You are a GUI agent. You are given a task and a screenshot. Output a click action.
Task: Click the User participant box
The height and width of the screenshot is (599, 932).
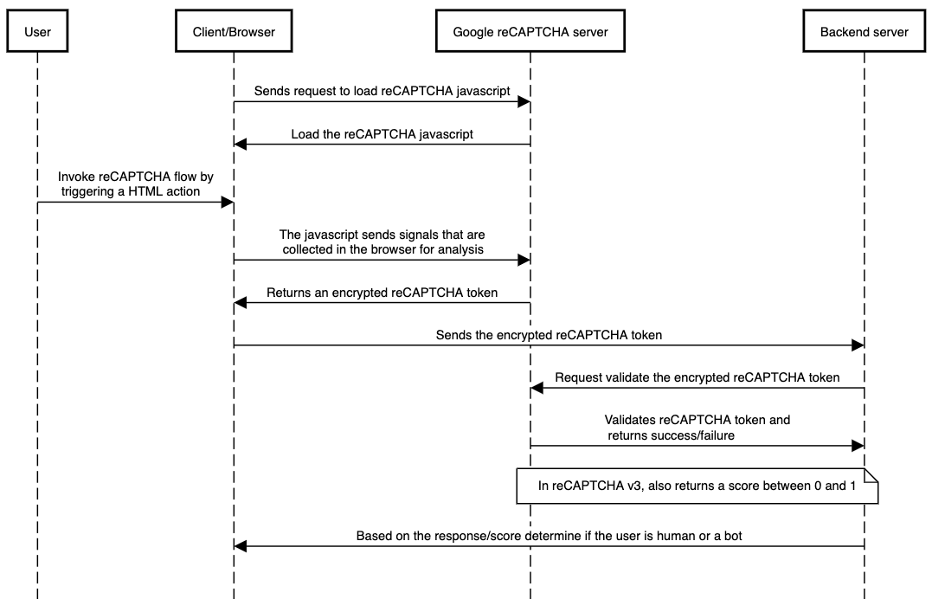coord(37,31)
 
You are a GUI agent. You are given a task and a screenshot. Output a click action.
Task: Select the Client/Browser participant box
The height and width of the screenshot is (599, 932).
coord(234,31)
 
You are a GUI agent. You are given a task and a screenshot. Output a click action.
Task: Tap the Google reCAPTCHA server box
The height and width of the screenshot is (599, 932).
coord(530,31)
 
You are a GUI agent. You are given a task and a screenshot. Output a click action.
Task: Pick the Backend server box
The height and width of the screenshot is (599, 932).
coord(865,31)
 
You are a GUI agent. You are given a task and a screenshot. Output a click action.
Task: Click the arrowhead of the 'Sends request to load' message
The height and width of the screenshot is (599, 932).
coord(524,102)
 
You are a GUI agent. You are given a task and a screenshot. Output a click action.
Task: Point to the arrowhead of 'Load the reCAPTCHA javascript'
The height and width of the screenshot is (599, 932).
coord(240,144)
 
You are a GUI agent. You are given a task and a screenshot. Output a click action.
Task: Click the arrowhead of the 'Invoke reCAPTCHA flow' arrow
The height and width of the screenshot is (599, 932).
coord(227,203)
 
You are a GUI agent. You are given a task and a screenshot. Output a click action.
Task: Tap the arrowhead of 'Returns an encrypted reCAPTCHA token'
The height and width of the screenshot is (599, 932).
coord(240,303)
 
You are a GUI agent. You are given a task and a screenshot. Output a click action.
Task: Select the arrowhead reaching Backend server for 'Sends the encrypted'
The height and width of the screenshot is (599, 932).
coord(858,345)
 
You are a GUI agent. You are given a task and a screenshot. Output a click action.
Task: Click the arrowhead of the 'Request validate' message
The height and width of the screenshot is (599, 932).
coord(537,388)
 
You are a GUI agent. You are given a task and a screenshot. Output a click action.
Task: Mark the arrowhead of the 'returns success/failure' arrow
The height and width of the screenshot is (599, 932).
coord(858,446)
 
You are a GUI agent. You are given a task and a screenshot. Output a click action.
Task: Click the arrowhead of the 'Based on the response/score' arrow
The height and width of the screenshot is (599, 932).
coord(240,546)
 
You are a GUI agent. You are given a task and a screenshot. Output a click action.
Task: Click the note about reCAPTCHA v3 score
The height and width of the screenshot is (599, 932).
coord(697,486)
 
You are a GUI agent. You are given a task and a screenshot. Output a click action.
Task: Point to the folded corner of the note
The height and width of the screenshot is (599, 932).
coord(871,475)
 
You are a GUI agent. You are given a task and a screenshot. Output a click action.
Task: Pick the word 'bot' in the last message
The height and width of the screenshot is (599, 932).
coord(733,536)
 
